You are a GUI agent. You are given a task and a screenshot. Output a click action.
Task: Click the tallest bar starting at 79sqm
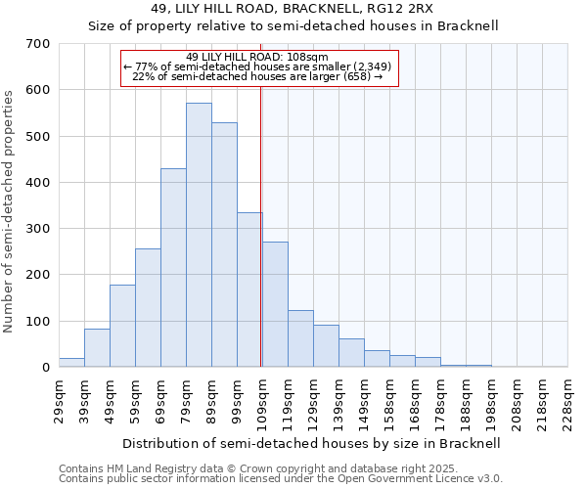pyautogui.click(x=199, y=235)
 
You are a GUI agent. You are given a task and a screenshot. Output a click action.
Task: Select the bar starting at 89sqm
pyautogui.click(x=224, y=244)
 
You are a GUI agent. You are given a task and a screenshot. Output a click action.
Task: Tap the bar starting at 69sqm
pyautogui.click(x=173, y=268)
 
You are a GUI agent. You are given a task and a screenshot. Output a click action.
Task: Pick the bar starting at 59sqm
pyautogui.click(x=148, y=308)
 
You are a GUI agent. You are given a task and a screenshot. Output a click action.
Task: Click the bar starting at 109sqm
pyautogui.click(x=275, y=304)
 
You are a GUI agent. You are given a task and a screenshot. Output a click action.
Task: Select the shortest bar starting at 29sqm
pyautogui.click(x=71, y=363)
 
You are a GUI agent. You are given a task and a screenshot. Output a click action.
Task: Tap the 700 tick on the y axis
pyautogui.click(x=38, y=44)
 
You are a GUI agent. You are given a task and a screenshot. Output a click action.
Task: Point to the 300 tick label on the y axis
pyautogui.click(x=38, y=229)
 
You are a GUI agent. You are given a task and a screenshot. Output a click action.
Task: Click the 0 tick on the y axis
pyautogui.click(x=45, y=368)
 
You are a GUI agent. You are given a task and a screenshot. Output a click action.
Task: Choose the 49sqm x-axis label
pyautogui.click(x=110, y=399)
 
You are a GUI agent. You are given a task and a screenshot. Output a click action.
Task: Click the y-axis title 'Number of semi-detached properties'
pyautogui.click(x=10, y=210)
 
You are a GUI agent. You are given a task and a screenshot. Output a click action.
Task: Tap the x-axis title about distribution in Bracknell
pyautogui.click(x=312, y=443)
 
